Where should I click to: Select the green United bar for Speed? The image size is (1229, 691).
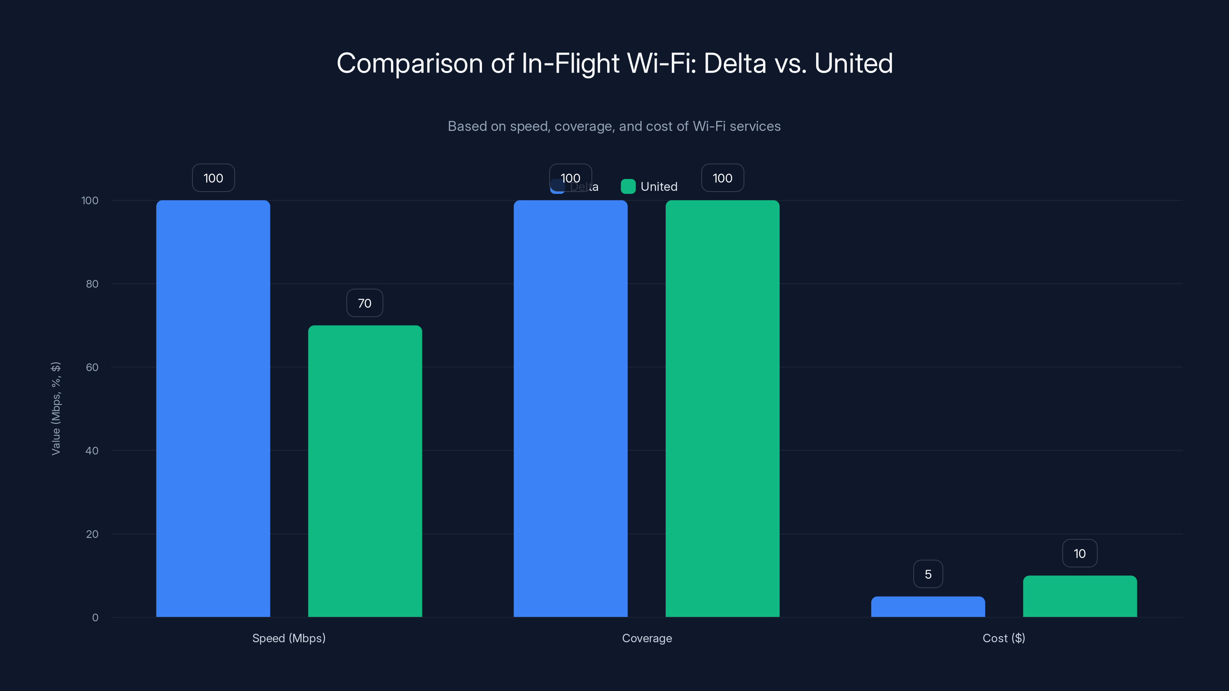365,471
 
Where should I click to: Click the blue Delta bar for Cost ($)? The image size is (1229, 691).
928,607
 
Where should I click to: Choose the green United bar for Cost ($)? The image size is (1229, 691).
1080,596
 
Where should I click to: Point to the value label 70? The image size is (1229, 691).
364,303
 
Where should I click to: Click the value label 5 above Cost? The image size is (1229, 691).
928,574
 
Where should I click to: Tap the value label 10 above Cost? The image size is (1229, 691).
1080,554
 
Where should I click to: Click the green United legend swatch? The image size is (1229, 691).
628,187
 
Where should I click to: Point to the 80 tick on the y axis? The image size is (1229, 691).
92,284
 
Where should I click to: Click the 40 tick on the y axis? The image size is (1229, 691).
92,451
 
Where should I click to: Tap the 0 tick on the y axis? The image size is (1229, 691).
95,618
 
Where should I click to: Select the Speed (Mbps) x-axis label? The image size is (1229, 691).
289,638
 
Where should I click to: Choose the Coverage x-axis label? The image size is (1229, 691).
647,638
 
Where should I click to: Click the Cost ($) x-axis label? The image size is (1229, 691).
1004,638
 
